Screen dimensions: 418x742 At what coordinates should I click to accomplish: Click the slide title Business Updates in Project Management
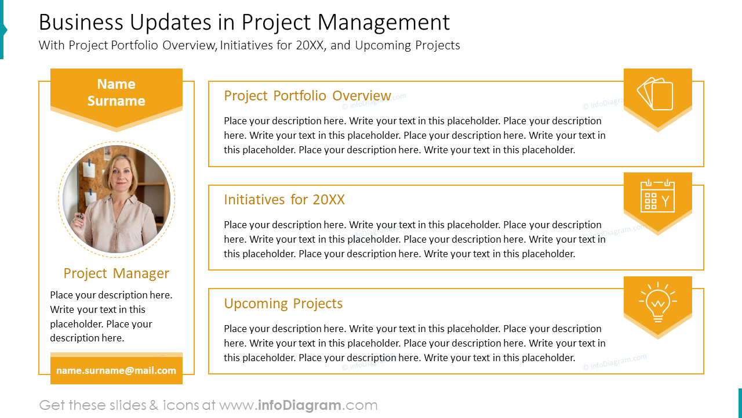point(244,23)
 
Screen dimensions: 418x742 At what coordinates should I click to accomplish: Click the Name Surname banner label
point(116,92)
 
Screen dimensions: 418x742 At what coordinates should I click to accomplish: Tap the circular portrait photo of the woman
point(117,199)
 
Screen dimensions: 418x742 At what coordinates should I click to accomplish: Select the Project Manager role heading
point(116,273)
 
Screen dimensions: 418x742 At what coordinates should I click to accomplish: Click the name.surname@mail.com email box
point(116,370)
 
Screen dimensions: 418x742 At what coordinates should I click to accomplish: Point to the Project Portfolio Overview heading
point(307,96)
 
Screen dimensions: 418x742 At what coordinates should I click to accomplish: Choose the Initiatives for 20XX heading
point(284,200)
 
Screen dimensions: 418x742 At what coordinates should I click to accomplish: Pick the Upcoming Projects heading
point(283,304)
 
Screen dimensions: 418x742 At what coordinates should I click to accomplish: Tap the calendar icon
point(657,196)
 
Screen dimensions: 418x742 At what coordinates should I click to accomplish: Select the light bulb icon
point(657,301)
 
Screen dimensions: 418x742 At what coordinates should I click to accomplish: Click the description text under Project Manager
point(111,316)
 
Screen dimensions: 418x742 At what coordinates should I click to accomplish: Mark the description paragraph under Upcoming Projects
point(414,343)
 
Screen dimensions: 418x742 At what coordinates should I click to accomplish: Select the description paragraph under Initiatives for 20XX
point(414,239)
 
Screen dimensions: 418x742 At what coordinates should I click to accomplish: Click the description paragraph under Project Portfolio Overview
point(414,135)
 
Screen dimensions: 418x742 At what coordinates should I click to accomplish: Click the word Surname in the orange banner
point(116,101)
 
